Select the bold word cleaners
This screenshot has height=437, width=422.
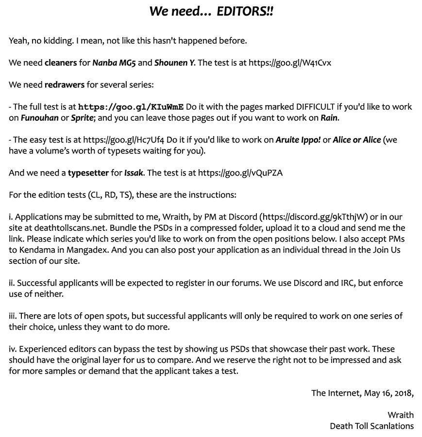point(61,63)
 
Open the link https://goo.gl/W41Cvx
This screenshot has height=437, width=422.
point(290,63)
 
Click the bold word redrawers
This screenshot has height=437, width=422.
point(65,85)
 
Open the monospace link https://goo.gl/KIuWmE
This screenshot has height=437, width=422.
point(131,107)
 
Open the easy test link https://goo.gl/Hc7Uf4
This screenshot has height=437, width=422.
point(124,140)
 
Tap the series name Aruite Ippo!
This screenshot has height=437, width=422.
point(298,140)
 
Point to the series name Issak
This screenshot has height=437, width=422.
point(134,173)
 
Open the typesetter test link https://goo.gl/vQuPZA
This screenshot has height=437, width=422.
point(240,173)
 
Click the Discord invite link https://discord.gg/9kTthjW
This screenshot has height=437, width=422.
point(314,217)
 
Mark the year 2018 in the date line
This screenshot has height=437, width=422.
point(402,393)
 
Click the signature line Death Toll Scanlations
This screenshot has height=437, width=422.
point(371,426)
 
